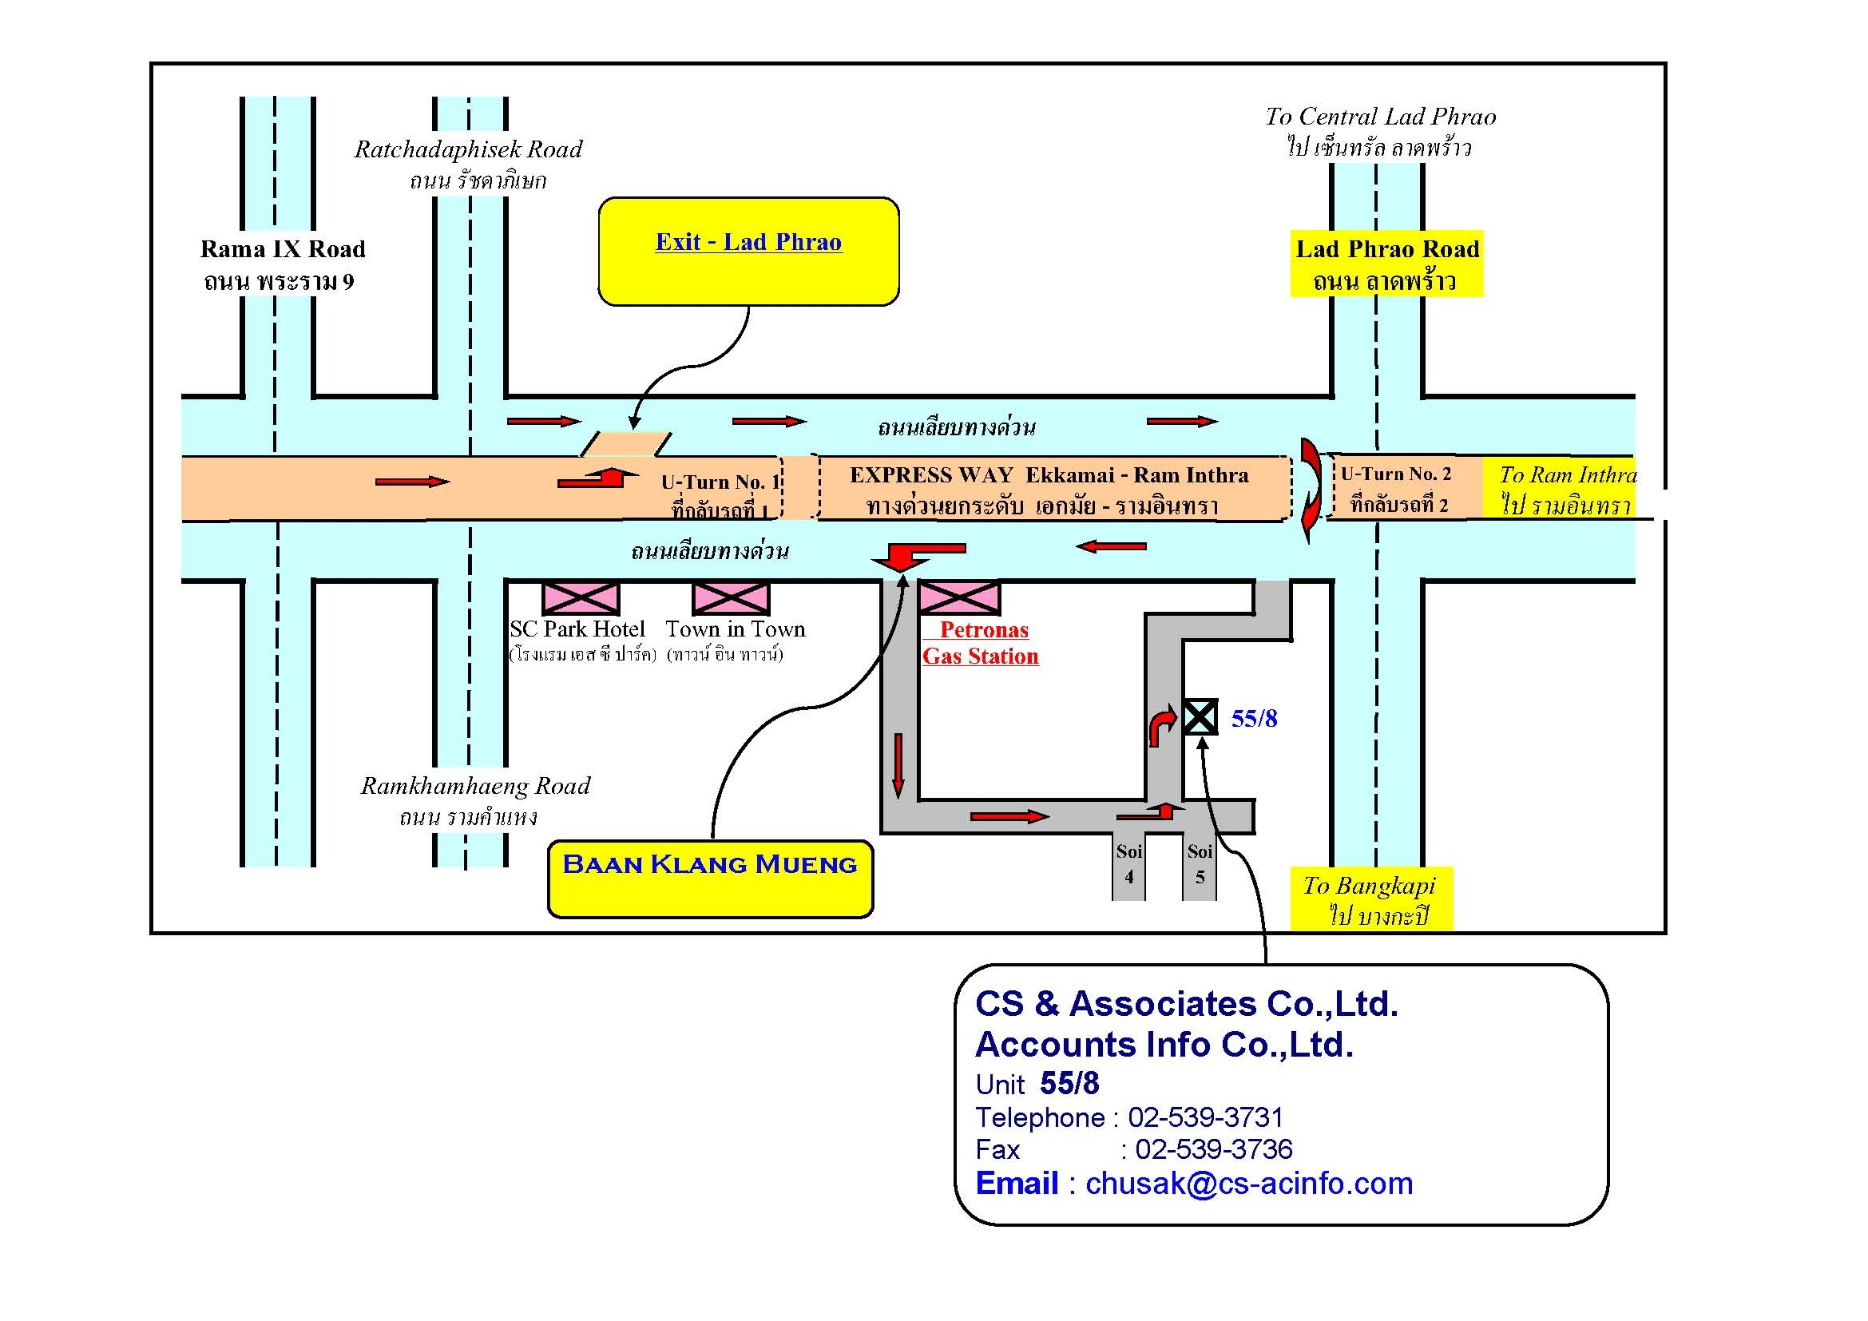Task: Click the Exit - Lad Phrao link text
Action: pyautogui.click(x=748, y=243)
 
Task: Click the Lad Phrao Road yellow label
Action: pyautogui.click(x=1386, y=264)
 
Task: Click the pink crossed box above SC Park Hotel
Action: pyautogui.click(x=580, y=598)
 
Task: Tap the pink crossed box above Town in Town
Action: pyautogui.click(x=730, y=598)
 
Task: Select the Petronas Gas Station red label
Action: pyautogui.click(x=981, y=643)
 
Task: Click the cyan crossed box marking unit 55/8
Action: pyautogui.click(x=1200, y=716)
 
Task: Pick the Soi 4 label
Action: pyautogui.click(x=1128, y=864)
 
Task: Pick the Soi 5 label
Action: pyautogui.click(x=1200, y=864)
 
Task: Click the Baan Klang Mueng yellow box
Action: pyautogui.click(x=709, y=879)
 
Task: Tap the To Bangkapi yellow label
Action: pyautogui.click(x=1371, y=899)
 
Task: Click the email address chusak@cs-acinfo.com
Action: pyautogui.click(x=1249, y=1184)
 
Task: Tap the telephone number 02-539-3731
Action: pyautogui.click(x=1205, y=1117)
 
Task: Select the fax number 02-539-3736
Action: pyautogui.click(x=1213, y=1149)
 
